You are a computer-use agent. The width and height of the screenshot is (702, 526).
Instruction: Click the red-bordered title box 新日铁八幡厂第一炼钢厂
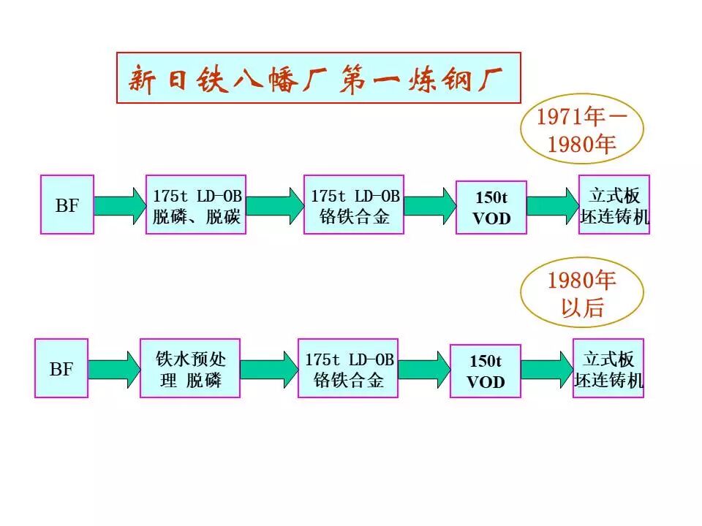(x=318, y=77)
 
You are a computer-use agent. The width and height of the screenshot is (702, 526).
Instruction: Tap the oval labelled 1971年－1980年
(x=582, y=130)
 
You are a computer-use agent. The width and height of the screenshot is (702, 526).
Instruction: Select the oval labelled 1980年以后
(x=582, y=292)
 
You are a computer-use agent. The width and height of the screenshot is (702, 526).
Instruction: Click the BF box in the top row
(x=67, y=205)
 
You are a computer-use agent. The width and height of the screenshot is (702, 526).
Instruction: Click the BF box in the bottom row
(x=61, y=368)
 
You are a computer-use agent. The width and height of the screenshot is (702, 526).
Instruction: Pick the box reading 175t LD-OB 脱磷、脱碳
(x=196, y=205)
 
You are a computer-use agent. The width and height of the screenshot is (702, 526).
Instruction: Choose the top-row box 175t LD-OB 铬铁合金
(x=354, y=205)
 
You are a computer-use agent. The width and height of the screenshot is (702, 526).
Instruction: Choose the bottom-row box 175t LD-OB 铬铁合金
(x=348, y=368)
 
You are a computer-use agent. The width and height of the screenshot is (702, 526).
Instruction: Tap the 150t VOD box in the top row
(x=491, y=207)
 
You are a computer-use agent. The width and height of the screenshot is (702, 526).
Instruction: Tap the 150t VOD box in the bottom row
(x=486, y=371)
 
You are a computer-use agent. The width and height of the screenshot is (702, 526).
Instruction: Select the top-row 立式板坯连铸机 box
(x=614, y=205)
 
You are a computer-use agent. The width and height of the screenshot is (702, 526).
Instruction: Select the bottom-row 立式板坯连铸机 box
(x=608, y=368)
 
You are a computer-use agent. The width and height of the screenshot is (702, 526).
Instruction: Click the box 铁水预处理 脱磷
(x=190, y=368)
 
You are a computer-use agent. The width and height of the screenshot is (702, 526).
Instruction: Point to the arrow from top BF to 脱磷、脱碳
(x=120, y=205)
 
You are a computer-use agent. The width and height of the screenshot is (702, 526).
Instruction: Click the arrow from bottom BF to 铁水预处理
(x=114, y=369)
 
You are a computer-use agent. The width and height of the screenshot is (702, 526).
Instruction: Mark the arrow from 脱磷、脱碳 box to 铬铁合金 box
(x=275, y=205)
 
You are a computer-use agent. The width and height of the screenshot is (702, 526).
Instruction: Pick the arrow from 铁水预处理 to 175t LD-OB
(x=269, y=369)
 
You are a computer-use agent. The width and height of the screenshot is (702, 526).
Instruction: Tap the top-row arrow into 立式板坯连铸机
(x=553, y=205)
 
